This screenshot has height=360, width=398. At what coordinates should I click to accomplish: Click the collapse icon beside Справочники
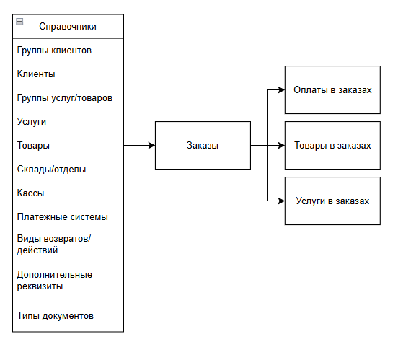(x=19, y=22)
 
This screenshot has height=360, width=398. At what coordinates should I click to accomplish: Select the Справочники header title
(x=68, y=27)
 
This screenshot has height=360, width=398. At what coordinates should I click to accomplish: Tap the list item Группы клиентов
(x=54, y=51)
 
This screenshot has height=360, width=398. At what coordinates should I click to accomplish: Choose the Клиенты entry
(x=36, y=74)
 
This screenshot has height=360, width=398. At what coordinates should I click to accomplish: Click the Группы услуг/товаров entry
(x=65, y=98)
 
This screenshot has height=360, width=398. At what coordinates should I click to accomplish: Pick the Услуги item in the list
(x=32, y=122)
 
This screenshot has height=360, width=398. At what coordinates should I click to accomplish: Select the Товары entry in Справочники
(x=33, y=146)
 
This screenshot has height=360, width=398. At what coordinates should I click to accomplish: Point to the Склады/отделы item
(x=51, y=170)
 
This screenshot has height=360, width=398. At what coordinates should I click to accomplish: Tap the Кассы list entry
(x=30, y=193)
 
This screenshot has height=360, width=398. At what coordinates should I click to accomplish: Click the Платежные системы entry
(x=63, y=217)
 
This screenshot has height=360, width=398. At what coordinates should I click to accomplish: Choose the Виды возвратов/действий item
(x=54, y=245)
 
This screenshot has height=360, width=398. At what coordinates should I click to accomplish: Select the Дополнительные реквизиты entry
(x=55, y=281)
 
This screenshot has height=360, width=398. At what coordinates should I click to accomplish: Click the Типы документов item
(x=56, y=316)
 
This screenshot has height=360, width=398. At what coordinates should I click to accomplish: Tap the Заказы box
(x=203, y=145)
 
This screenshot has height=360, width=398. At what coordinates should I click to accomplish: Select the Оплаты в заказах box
(x=332, y=89)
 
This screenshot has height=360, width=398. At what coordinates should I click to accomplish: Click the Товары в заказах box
(x=332, y=145)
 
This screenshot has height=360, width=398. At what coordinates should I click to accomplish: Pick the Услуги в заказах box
(x=332, y=201)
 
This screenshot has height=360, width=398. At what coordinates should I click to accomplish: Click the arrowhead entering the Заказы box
(x=152, y=145)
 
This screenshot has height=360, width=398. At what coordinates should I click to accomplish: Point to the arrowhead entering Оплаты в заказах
(x=281, y=89)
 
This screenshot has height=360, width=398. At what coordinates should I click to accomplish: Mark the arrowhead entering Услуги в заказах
(x=281, y=201)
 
